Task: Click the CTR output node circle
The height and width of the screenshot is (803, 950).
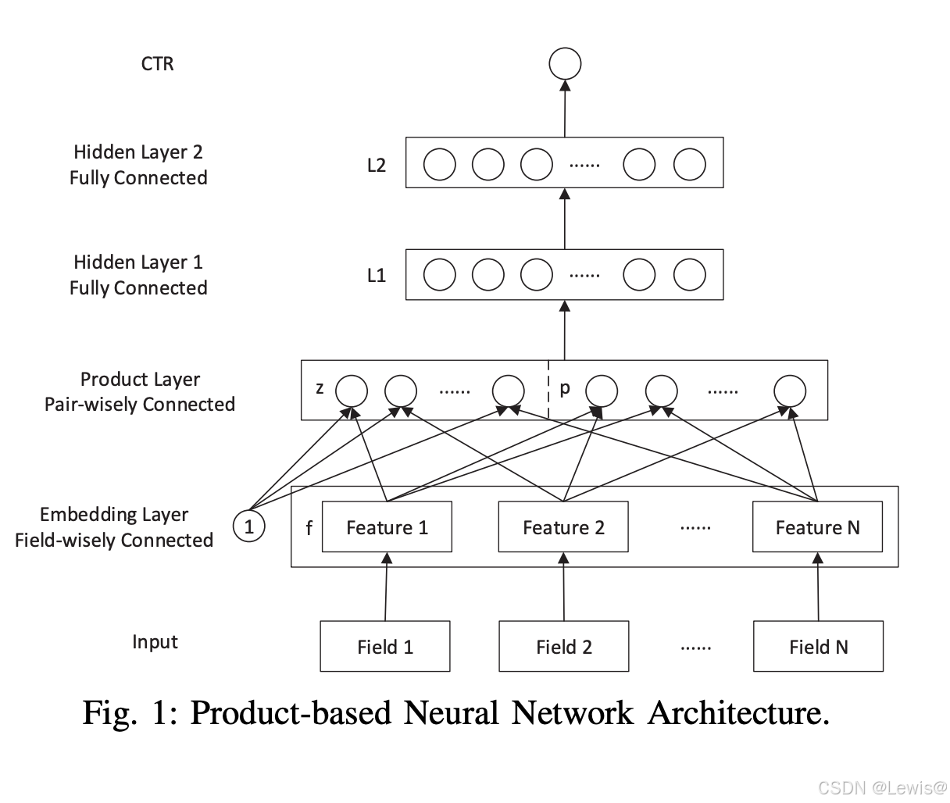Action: (565, 63)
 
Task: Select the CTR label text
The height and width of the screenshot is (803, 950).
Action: (157, 64)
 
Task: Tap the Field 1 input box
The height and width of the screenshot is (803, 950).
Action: (385, 646)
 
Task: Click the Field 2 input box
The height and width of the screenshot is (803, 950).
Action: (563, 646)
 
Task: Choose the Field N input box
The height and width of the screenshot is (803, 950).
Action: (818, 646)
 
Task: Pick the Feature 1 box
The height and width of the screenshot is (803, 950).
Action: (387, 527)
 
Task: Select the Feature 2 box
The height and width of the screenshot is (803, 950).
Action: (563, 527)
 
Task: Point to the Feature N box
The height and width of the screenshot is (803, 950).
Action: (817, 527)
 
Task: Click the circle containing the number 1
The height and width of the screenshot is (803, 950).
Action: (249, 526)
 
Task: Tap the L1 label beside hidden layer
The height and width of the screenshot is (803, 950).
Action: (377, 276)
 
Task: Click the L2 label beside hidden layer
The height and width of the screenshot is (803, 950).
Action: (377, 166)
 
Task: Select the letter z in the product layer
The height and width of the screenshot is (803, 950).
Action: (320, 388)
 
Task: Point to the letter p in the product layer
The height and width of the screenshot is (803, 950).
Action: (565, 388)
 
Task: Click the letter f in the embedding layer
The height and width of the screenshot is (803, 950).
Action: (309, 529)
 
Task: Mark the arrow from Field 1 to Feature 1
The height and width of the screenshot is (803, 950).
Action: (386, 587)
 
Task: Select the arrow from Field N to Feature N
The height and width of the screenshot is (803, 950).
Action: (818, 587)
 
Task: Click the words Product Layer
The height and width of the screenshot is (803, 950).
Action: (140, 380)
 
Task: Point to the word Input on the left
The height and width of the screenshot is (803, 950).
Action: (155, 642)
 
